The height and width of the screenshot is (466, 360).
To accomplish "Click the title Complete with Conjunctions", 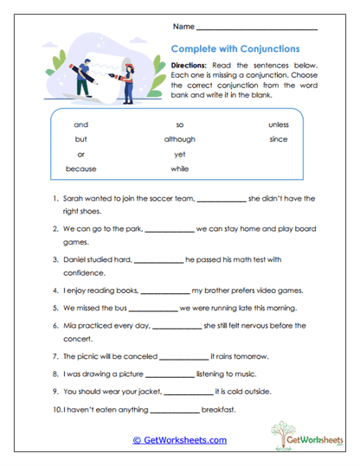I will pos(235,49).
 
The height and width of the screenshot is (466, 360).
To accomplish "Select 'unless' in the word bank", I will pos(278,124).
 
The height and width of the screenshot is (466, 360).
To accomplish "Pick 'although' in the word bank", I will pos(180,139).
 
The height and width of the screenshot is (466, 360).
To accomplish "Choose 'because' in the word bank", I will pos(80,169).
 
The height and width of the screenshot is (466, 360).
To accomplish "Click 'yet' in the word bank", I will pos(180,154).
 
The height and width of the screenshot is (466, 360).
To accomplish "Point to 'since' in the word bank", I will pos(278,139).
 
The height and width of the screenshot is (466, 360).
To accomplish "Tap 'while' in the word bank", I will pos(180,169).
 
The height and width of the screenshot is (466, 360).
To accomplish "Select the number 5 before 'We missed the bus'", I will pos(55,308).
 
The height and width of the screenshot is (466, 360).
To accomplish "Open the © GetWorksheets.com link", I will pos(179,440).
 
